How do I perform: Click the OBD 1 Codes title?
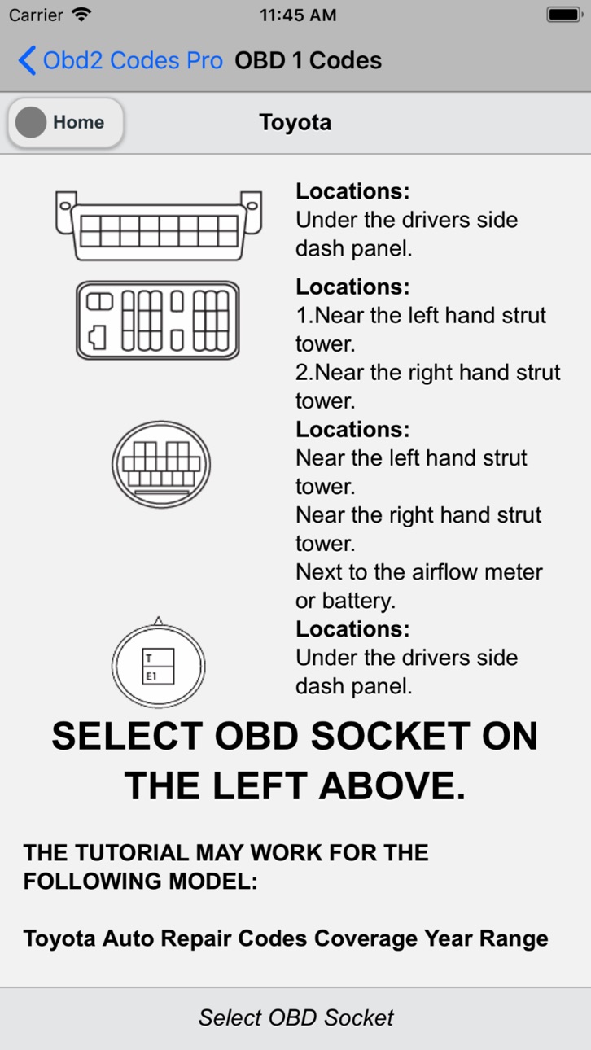click(x=308, y=60)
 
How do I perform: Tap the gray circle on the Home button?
click(x=31, y=122)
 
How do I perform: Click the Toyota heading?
click(x=295, y=122)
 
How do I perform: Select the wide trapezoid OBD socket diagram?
click(x=159, y=225)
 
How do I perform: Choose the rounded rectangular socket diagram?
click(x=158, y=320)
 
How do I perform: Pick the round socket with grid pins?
click(x=161, y=464)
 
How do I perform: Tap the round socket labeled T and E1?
click(x=159, y=663)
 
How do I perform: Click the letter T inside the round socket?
click(x=149, y=658)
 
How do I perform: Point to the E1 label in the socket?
click(x=151, y=676)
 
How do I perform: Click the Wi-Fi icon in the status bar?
click(x=81, y=15)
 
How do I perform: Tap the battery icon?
click(x=564, y=15)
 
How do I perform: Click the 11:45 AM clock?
click(x=298, y=15)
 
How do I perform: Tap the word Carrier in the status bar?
click(x=36, y=15)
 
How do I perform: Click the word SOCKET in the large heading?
click(x=391, y=736)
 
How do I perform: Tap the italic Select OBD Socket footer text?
click(x=295, y=1017)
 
